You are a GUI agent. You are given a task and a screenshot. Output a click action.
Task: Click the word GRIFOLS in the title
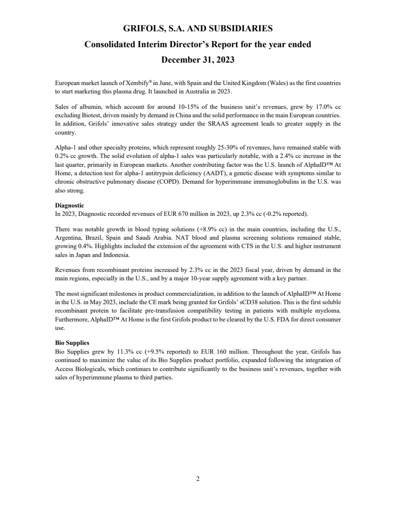pyautogui.click(x=144, y=29)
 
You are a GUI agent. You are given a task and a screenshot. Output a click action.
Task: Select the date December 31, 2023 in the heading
pyautogui.click(x=198, y=60)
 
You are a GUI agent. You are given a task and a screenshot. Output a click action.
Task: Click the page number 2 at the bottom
pyautogui.click(x=198, y=479)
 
